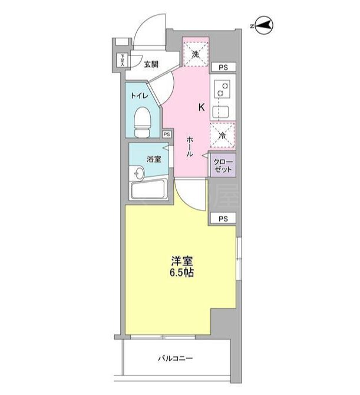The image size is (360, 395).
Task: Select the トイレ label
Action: point(139,95)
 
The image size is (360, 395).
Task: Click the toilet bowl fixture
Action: point(141,120)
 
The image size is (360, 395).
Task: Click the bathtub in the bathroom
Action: point(148,190)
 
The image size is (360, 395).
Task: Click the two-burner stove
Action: point(224,90)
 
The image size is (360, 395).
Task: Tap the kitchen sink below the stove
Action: point(224,110)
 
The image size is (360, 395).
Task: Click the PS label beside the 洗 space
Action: point(223,68)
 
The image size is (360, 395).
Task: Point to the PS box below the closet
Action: point(223,218)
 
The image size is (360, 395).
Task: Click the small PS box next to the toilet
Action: point(167,134)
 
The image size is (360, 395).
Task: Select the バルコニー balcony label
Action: point(175,358)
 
